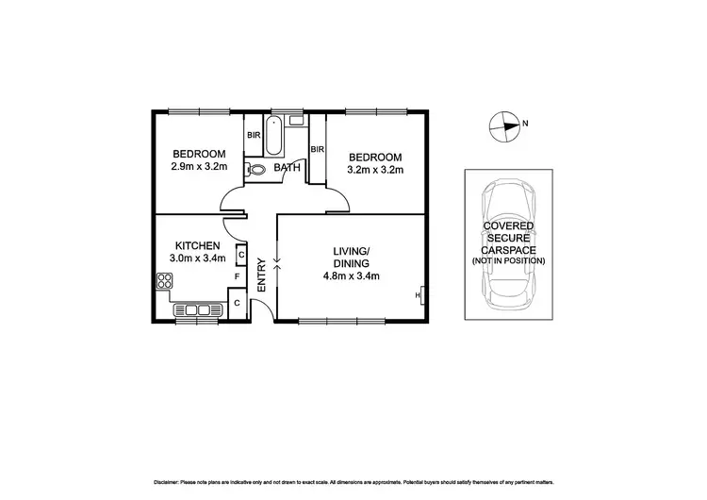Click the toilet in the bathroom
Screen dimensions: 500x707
pyautogui.click(x=256, y=171)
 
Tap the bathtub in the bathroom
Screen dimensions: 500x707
pyautogui.click(x=273, y=138)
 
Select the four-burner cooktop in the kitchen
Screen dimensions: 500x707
pyautogui.click(x=165, y=280)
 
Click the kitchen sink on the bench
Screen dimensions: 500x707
pyautogui.click(x=197, y=309)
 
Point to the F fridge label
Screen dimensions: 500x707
pyautogui.click(x=238, y=277)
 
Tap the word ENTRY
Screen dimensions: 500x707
pyautogui.click(x=262, y=275)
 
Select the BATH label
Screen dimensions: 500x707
pyautogui.click(x=287, y=170)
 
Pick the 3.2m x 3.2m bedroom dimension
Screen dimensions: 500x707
pyautogui.click(x=375, y=171)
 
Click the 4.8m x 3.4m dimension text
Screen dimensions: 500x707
pyautogui.click(x=348, y=276)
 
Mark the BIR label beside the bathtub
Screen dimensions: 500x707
pyautogui.click(x=253, y=135)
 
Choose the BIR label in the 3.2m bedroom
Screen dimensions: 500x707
pyautogui.click(x=317, y=149)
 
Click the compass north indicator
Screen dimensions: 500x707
pyautogui.click(x=505, y=124)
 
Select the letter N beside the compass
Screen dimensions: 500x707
pyautogui.click(x=526, y=124)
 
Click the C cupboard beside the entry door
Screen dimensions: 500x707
pyautogui.click(x=238, y=302)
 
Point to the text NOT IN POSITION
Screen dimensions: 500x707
pyautogui.click(x=509, y=260)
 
